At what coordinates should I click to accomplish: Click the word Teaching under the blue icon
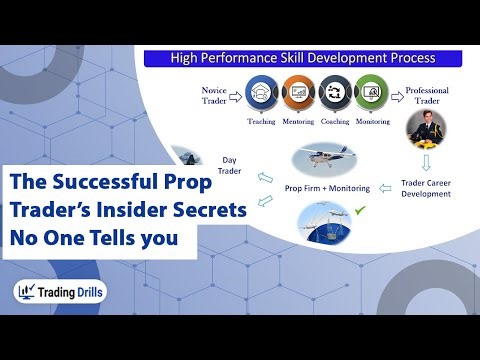[261, 122]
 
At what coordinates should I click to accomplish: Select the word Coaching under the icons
[337, 122]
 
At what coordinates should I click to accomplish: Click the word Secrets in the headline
[211, 212]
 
